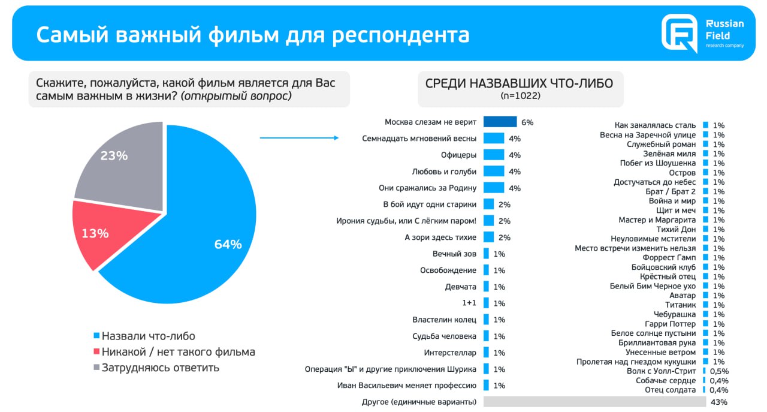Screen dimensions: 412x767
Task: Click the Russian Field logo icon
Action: (680, 33)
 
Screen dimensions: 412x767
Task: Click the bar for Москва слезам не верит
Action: (500, 122)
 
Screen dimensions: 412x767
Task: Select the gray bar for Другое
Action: (594, 402)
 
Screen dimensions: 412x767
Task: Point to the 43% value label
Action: (718, 402)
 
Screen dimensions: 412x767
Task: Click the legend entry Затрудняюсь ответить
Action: (160, 368)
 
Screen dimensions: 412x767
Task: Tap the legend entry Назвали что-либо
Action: (148, 336)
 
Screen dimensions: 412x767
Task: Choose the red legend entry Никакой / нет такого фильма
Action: (178, 352)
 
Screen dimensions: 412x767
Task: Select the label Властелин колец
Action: (445, 320)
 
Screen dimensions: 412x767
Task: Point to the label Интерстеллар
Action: (450, 353)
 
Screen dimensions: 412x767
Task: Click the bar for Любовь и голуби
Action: (494, 172)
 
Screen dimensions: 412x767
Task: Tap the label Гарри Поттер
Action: (674, 324)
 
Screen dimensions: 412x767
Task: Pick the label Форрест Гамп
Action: (669, 257)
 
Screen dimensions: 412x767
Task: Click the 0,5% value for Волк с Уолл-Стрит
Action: (718, 371)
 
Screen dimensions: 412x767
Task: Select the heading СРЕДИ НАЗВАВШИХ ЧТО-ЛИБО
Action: (519, 83)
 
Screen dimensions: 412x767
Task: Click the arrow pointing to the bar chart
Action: (299, 138)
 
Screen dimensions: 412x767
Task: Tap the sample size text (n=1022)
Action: (520, 95)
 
